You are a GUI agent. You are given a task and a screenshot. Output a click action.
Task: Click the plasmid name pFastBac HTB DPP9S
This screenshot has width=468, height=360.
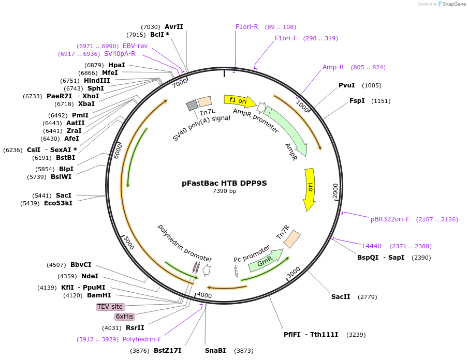(224, 183)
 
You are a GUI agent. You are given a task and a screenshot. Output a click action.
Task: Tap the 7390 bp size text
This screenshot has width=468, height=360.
(224, 191)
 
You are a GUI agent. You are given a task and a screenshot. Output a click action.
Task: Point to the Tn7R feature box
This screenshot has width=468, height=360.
(292, 238)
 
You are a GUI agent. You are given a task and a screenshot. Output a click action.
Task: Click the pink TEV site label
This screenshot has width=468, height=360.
(110, 307)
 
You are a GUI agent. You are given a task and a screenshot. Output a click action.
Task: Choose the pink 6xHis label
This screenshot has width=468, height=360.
(124, 316)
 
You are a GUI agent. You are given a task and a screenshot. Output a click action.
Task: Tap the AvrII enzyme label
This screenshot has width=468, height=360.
(174, 26)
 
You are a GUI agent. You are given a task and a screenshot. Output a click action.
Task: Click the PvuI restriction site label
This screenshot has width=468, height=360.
(346, 85)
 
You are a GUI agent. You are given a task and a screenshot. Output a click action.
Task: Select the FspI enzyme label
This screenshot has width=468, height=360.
(357, 101)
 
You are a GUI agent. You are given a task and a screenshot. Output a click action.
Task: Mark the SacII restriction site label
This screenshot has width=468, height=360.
(341, 297)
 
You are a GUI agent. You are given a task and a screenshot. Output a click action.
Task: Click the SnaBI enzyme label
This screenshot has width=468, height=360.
(215, 351)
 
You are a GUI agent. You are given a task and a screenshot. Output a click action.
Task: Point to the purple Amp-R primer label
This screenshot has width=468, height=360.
(333, 67)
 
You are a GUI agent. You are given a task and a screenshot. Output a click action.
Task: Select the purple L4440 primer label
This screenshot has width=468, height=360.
(372, 246)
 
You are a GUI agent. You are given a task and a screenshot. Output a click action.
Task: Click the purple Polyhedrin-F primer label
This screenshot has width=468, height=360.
(142, 339)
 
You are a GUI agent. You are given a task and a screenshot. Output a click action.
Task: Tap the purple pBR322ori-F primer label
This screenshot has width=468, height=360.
(390, 219)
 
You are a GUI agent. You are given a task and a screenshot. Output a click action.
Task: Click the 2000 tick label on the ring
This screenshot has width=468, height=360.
(335, 191)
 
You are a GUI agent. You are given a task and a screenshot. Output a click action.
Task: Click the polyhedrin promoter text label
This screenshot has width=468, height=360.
(185, 243)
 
